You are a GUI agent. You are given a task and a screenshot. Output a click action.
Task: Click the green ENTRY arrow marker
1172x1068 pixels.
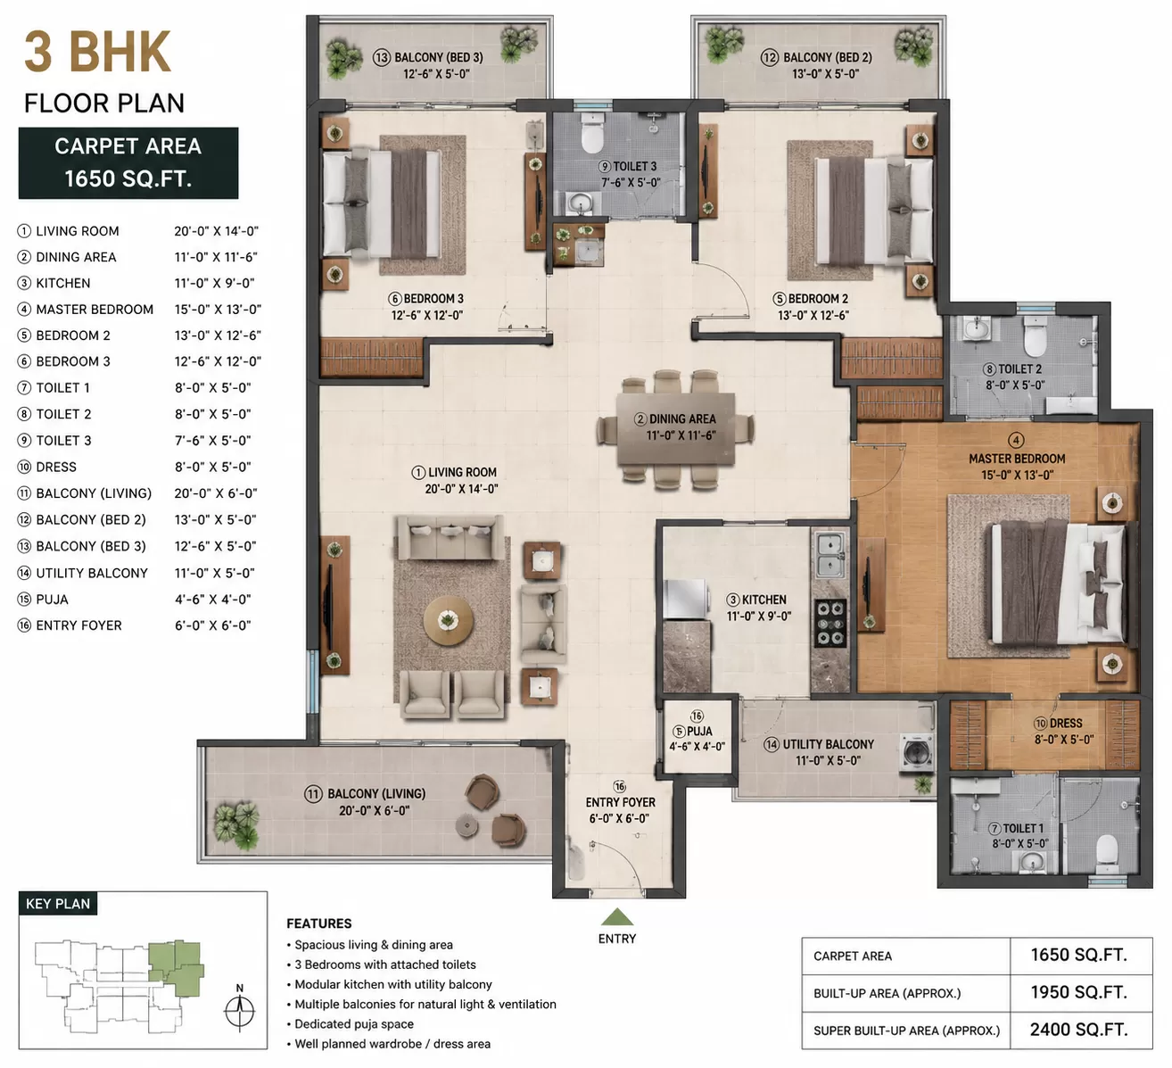pos(617,916)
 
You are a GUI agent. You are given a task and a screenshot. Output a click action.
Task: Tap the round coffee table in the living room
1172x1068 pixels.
pos(448,621)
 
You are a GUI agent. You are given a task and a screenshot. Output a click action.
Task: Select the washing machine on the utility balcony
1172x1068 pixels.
pos(917,752)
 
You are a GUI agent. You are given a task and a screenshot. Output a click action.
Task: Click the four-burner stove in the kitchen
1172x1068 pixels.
pos(830,623)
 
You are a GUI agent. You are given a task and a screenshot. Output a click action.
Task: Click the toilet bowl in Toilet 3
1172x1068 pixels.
pos(592,132)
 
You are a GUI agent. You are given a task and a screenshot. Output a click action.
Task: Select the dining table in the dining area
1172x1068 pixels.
pos(675,429)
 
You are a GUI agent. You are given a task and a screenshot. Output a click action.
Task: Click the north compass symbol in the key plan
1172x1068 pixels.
pos(240,1011)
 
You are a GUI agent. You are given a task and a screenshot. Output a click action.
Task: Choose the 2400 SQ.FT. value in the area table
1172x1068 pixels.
pos(1078,1030)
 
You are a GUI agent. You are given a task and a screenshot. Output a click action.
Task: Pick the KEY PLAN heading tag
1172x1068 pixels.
pos(58,904)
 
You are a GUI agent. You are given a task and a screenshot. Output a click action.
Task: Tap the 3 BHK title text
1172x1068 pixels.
pos(97,52)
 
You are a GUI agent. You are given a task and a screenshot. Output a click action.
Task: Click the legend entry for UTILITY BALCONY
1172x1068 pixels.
pos(92,573)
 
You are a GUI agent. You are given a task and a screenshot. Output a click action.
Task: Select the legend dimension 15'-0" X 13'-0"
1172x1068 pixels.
pos(218,310)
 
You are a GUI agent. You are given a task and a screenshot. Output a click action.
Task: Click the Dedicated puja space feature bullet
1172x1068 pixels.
pos(354,1023)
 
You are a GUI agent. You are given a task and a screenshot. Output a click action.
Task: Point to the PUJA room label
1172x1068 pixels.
pos(699,732)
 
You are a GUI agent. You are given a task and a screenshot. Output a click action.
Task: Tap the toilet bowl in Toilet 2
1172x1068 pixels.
pos(1035,336)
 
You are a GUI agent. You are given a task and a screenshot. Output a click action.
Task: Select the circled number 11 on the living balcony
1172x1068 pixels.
pos(313,794)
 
